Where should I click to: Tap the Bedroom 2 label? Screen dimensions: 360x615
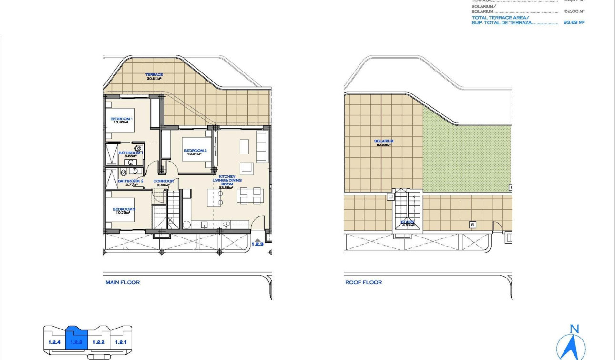[195, 152]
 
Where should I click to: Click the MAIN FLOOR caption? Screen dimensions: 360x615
[123, 283]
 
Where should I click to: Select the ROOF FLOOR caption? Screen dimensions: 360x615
[363, 283]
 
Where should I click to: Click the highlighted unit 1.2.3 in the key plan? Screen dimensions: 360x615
[76, 341]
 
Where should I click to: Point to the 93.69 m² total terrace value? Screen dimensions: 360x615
[574, 22]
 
